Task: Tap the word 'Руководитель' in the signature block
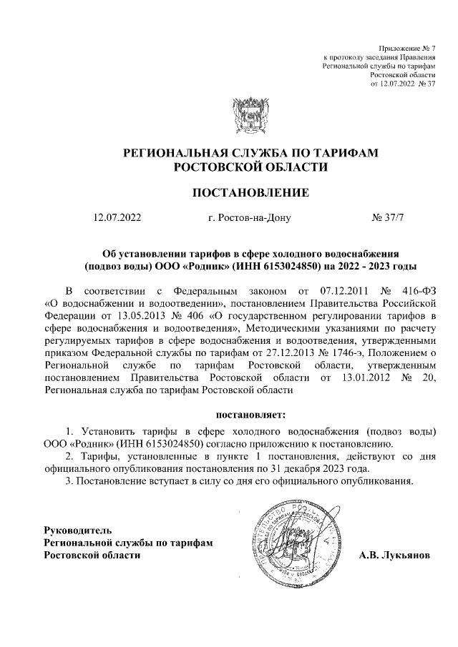[78, 530]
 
